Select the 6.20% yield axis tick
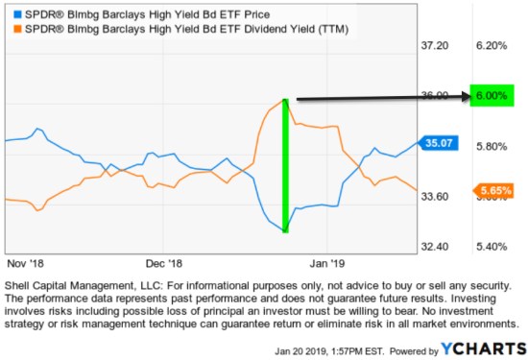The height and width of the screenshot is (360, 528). (x=491, y=46)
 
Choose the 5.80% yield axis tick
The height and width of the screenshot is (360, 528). (x=491, y=146)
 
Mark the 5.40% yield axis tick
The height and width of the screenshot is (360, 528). (x=491, y=247)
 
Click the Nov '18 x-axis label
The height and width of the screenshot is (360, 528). (x=28, y=262)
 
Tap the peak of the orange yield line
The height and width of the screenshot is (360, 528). (x=285, y=99)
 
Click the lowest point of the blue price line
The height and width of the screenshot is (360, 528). (x=285, y=231)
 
